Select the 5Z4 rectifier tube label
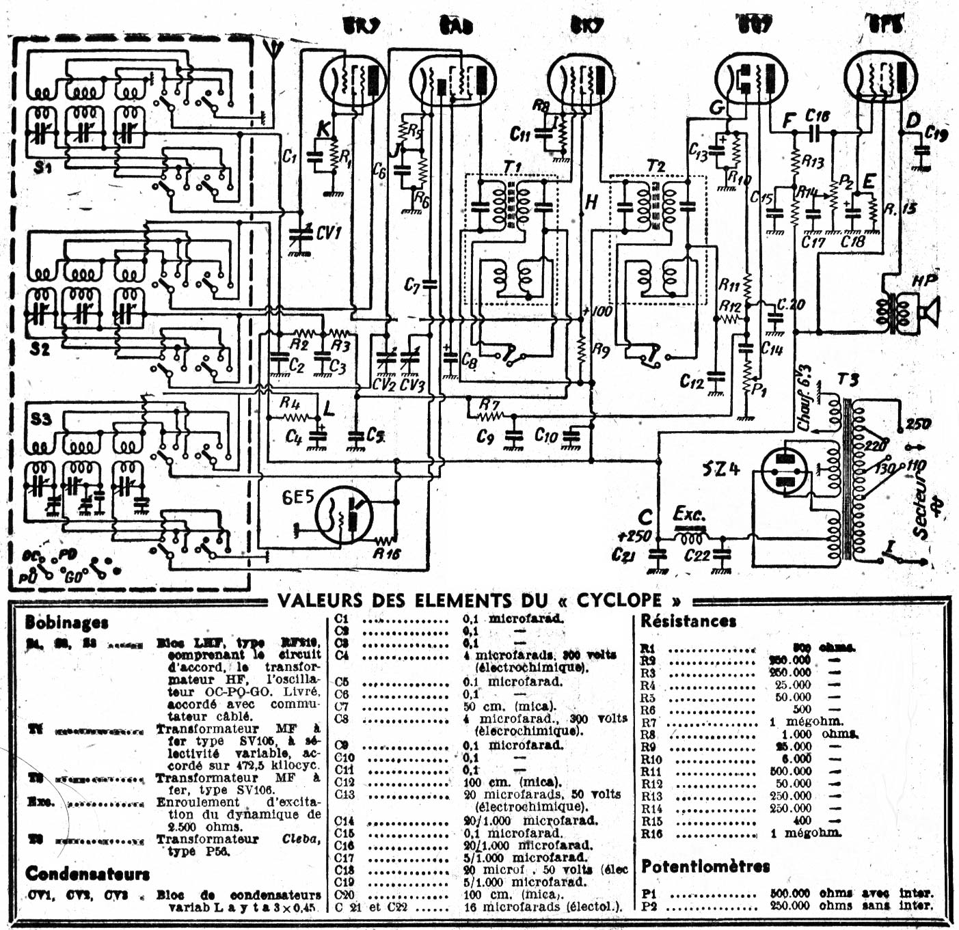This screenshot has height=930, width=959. (720, 470)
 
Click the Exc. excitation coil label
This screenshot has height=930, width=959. (688, 514)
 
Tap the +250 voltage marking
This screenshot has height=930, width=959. (634, 536)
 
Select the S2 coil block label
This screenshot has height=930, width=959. (40, 349)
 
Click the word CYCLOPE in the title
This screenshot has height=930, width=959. (619, 601)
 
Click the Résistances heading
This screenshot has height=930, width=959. (688, 621)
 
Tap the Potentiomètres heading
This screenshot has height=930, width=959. (705, 866)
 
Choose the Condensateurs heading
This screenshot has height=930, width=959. (87, 873)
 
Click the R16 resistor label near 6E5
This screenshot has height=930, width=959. (386, 553)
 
